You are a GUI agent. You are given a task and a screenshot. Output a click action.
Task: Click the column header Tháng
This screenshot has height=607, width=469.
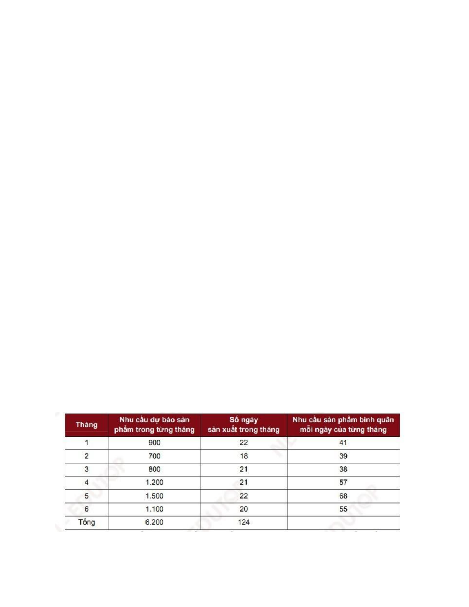click(87, 424)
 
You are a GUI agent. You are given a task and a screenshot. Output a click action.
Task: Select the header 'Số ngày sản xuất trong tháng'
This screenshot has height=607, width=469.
click(243, 424)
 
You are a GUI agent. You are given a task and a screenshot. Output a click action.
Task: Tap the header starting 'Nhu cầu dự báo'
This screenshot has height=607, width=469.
click(154, 424)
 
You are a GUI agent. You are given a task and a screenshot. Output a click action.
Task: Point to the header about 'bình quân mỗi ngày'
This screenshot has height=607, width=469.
click(343, 424)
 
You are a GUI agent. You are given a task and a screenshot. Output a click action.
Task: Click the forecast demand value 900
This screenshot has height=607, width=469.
click(154, 443)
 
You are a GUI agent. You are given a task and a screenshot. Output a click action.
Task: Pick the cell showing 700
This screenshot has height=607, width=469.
click(154, 456)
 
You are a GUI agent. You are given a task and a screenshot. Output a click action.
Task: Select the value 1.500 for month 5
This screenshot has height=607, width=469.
click(154, 496)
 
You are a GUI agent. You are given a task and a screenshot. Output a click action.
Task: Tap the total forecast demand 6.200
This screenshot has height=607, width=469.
click(154, 522)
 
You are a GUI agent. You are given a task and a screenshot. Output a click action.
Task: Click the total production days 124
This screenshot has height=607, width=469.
click(243, 522)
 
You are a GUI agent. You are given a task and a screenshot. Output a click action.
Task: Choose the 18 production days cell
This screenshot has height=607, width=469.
click(243, 456)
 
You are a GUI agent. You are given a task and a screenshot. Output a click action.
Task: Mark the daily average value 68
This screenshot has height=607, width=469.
click(343, 496)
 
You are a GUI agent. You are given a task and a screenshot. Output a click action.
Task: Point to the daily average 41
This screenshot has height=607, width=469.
click(343, 443)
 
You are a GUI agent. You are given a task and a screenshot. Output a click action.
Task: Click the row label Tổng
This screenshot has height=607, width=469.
click(87, 522)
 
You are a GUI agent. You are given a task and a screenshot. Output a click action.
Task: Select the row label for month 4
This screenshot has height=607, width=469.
click(87, 483)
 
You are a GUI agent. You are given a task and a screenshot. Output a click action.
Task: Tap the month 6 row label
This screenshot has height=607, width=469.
click(87, 509)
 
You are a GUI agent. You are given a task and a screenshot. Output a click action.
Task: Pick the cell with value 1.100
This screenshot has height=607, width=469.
click(154, 509)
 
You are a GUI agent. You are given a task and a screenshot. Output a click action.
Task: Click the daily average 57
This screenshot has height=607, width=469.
click(343, 483)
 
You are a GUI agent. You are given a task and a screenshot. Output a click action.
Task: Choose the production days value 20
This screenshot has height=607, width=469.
click(243, 509)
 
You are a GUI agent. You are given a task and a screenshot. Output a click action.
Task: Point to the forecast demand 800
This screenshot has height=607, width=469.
click(154, 469)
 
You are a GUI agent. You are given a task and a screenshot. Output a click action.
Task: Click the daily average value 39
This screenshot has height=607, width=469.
click(343, 456)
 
